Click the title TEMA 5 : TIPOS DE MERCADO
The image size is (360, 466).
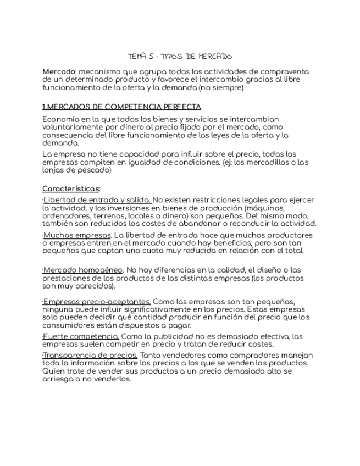pos(180,56)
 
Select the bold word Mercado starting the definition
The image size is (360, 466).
pos(59,72)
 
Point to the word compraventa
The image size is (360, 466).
pos(285,72)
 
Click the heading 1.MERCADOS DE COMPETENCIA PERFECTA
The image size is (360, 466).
pos(121,107)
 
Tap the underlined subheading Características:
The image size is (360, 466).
pos(71,188)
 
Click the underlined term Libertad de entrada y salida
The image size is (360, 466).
pos(97,199)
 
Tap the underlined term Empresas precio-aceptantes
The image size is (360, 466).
pos(97,302)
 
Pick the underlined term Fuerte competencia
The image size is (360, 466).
pos(81,336)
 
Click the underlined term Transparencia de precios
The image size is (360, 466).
pos(91,355)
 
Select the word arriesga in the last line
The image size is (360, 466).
pos(59,379)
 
